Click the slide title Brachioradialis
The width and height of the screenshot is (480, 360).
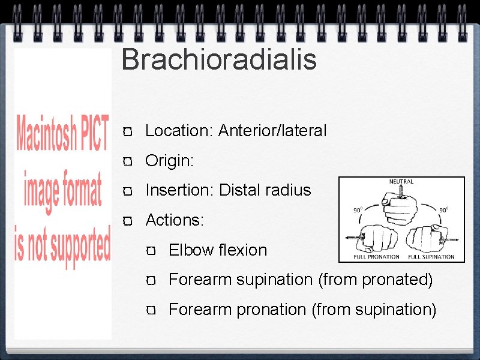coord(218,60)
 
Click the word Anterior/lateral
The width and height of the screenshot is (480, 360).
coord(272,131)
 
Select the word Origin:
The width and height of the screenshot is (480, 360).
coord(170,161)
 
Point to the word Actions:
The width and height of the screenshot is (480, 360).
coord(175,220)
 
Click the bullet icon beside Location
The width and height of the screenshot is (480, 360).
coord(127,131)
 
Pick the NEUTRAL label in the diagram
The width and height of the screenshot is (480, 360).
coord(401,182)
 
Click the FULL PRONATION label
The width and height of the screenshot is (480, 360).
coord(376,257)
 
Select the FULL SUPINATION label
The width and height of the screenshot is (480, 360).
coord(431,257)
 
